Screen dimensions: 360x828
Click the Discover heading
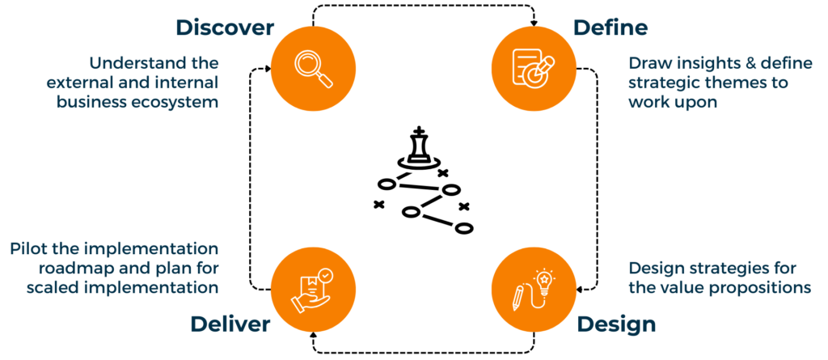pyautogui.click(x=226, y=28)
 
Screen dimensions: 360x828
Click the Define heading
pyautogui.click(x=610, y=28)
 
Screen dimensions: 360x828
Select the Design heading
pyautogui.click(x=616, y=324)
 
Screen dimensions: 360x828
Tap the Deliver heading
pyautogui.click(x=230, y=324)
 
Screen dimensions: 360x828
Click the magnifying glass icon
pyautogui.click(x=313, y=68)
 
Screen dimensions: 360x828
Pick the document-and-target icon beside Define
pyautogui.click(x=534, y=68)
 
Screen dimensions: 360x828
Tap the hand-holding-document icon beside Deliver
pyautogui.click(x=313, y=288)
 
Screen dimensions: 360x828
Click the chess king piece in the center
pyautogui.click(x=419, y=148)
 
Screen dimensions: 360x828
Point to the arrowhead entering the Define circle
pyautogui.click(x=534, y=22)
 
